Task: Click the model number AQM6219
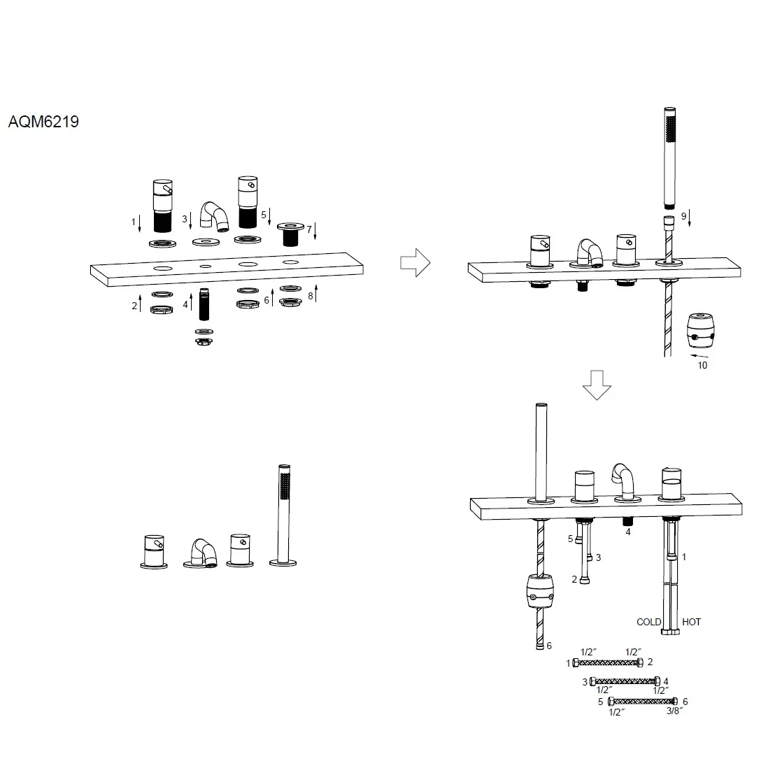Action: (43, 122)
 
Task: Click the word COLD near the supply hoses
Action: (648, 622)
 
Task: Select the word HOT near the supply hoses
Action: (691, 622)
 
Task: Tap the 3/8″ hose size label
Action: (674, 711)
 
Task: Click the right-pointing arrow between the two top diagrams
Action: (415, 262)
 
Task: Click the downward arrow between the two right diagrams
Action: (597, 385)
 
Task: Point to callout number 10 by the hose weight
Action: (702, 366)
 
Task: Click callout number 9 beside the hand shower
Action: (684, 216)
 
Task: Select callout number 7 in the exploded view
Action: (309, 229)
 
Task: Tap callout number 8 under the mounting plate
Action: (310, 296)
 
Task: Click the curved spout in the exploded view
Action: (215, 216)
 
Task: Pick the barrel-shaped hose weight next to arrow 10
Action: (701, 330)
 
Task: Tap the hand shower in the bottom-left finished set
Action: (283, 516)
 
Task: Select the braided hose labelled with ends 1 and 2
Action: (608, 663)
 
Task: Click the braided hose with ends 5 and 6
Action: (643, 701)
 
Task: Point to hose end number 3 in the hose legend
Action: (585, 682)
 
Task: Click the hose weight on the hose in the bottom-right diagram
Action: (540, 591)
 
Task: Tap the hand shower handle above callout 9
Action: (670, 158)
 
